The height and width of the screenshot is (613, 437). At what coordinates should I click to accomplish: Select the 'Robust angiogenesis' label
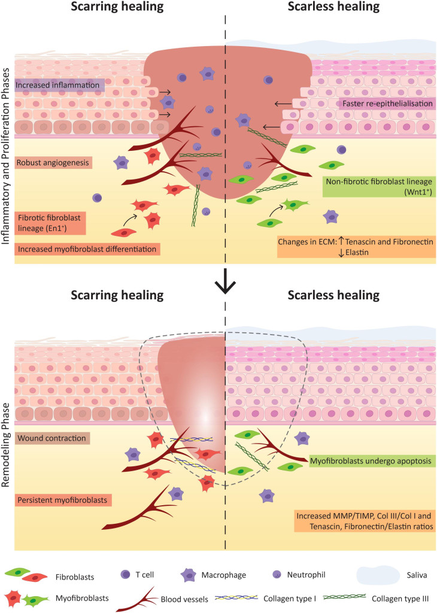pos(52,161)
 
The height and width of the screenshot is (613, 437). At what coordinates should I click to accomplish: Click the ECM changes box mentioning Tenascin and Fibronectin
pos(355,247)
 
